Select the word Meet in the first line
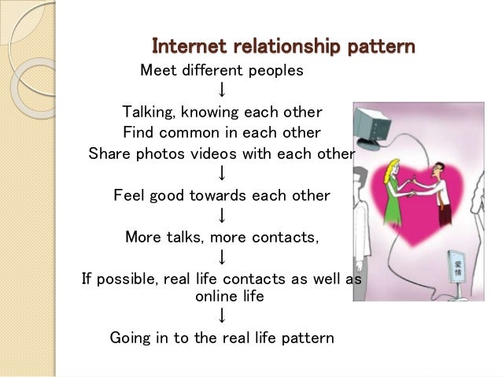[157, 71]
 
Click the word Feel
[129, 194]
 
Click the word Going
[130, 338]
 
